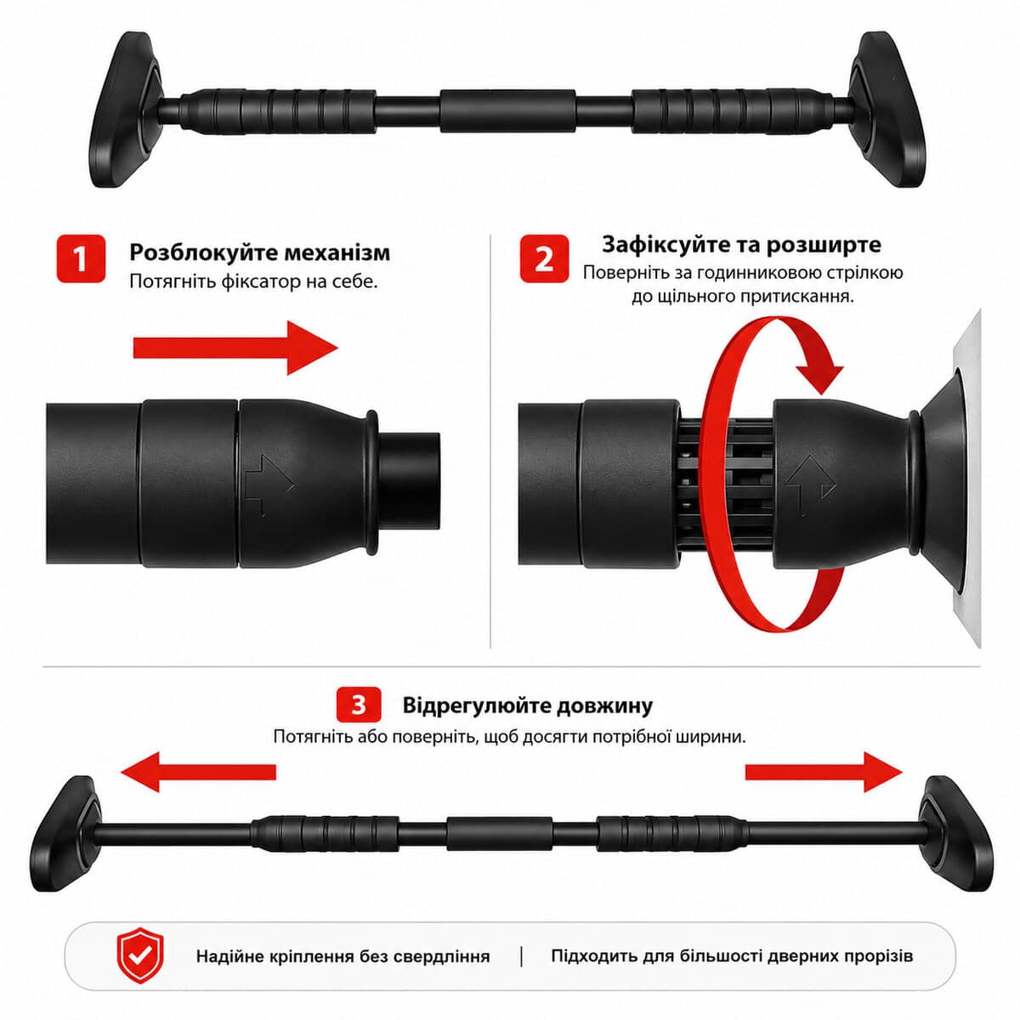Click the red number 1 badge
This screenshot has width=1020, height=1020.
[x=81, y=259]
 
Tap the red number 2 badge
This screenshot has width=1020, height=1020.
[x=544, y=259]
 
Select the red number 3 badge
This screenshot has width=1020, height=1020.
[x=359, y=705]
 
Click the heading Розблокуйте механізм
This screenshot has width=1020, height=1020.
[x=259, y=252]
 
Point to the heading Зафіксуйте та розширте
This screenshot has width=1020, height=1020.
[x=741, y=245]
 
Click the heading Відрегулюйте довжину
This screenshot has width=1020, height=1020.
[x=528, y=705]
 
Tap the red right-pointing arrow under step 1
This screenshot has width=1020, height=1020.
[x=235, y=348]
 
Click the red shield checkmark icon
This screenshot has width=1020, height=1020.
[x=140, y=955]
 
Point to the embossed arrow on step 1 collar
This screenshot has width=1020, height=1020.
[x=269, y=483]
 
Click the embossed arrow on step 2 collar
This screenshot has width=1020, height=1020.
[x=810, y=484]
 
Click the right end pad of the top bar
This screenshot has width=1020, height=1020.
[x=887, y=110]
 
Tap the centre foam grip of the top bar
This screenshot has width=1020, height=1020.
[x=508, y=111]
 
